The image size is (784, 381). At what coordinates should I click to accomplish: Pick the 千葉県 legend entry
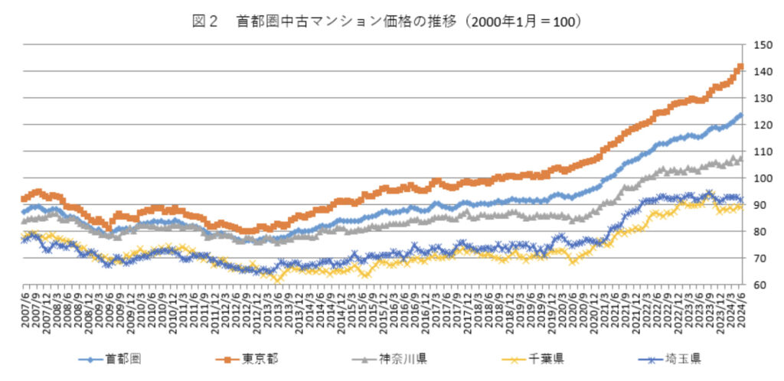[x=535, y=357]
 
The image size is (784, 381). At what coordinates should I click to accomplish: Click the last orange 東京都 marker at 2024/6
[x=740, y=67]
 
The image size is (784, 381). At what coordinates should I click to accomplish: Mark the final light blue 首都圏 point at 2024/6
[x=740, y=116]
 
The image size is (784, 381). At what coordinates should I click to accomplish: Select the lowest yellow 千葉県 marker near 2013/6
[x=277, y=279]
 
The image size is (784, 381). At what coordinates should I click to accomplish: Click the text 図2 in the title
[x=204, y=21]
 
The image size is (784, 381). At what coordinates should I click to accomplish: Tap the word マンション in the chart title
[x=330, y=21]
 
